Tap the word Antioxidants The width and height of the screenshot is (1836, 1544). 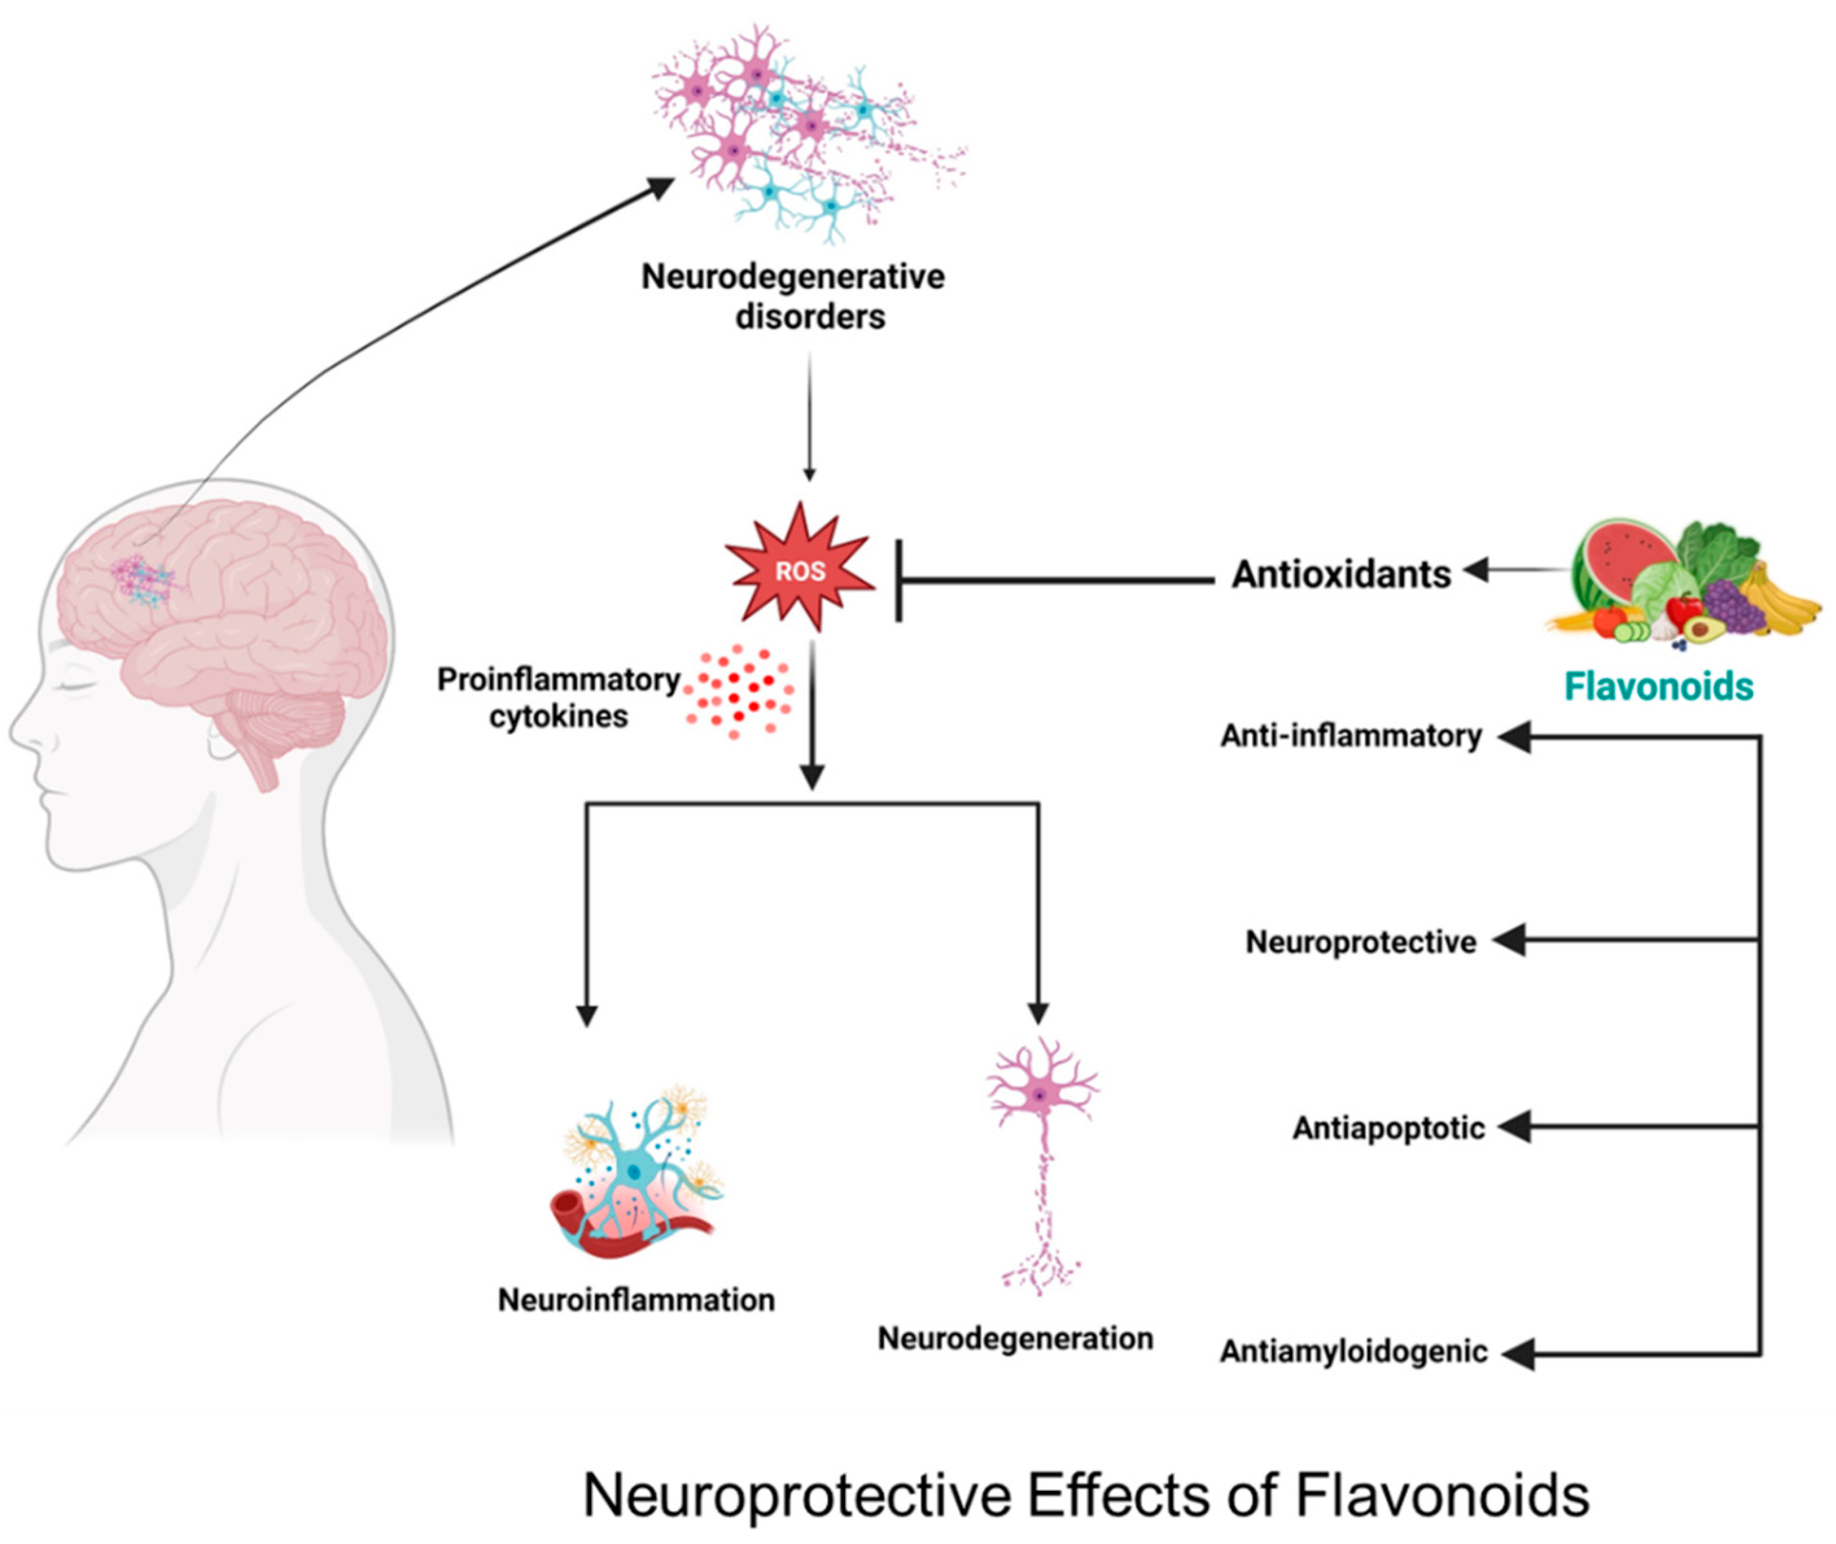tap(1341, 575)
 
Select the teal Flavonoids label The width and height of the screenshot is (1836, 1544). tap(1658, 686)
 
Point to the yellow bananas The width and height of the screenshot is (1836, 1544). tap(1781, 600)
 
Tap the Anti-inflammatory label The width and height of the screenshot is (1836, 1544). tap(1351, 736)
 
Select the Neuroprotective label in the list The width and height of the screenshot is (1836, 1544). tap(1361, 942)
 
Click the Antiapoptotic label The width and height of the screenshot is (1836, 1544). tap(1389, 1129)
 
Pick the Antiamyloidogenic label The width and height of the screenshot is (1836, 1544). tap(1354, 1352)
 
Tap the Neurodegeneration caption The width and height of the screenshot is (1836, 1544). tap(1015, 1339)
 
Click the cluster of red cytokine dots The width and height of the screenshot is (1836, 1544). tap(739, 692)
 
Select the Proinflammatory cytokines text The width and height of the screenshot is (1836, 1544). tap(559, 697)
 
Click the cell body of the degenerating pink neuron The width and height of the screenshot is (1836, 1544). tap(1040, 1095)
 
